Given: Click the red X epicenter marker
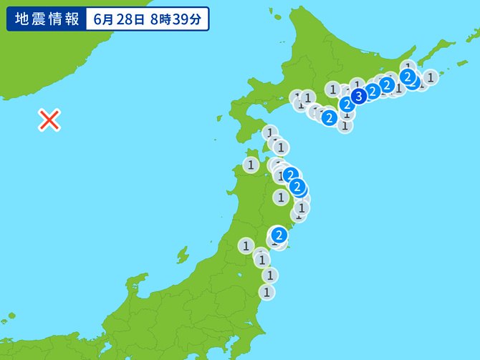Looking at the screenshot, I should click(49, 120).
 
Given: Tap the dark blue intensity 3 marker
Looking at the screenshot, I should click(359, 94).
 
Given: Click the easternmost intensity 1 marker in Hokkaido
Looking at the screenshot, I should click(430, 77).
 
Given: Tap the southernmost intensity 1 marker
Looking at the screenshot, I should click(267, 292).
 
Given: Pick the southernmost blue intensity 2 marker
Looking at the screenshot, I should click(279, 234).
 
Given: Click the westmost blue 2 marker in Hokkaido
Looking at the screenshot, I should click(329, 117).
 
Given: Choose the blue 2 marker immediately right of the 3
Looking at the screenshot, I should click(373, 91).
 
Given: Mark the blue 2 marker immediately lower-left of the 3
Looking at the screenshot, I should click(347, 104).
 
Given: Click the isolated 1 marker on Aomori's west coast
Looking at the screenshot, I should click(250, 165).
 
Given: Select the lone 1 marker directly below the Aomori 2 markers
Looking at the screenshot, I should click(280, 196).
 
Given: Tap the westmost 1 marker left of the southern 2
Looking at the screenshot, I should click(246, 246).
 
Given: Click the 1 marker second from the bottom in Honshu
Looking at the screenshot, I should click(269, 275).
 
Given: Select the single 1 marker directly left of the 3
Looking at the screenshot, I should click(332, 89).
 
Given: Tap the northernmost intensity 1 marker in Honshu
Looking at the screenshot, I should click(270, 132).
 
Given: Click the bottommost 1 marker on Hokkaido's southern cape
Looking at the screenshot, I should click(345, 125).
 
